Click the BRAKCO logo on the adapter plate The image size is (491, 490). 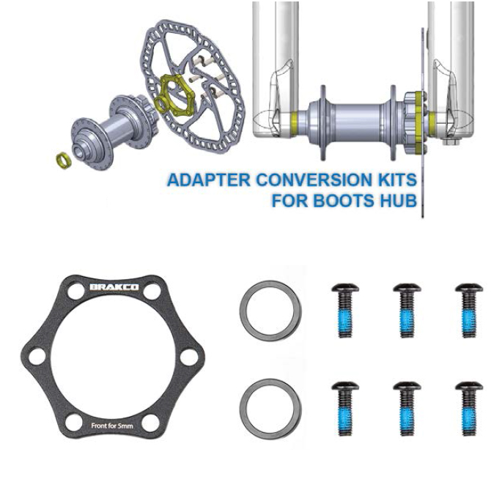pyautogui.click(x=114, y=287)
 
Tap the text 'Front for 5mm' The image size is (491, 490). pyautogui.click(x=112, y=426)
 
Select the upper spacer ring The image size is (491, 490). pyautogui.click(x=270, y=311)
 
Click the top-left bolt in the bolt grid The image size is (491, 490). pyautogui.click(x=345, y=311)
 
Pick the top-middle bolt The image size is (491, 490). pyautogui.click(x=407, y=311)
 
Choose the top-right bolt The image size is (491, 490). pyautogui.click(x=469, y=311)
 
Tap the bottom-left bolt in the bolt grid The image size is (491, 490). pyautogui.click(x=345, y=409)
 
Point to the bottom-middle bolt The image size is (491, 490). pyautogui.click(x=407, y=409)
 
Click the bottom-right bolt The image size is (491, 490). pyautogui.click(x=469, y=409)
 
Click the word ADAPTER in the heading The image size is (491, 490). pyautogui.click(x=209, y=180)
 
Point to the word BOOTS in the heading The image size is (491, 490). pyautogui.click(x=344, y=201)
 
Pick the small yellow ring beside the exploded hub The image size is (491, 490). pyautogui.click(x=63, y=160)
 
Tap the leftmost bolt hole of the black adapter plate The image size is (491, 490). pyautogui.click(x=37, y=357)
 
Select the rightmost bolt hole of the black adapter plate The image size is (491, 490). pyautogui.click(x=189, y=357)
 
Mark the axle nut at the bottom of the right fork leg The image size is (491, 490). pyautogui.click(x=450, y=142)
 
